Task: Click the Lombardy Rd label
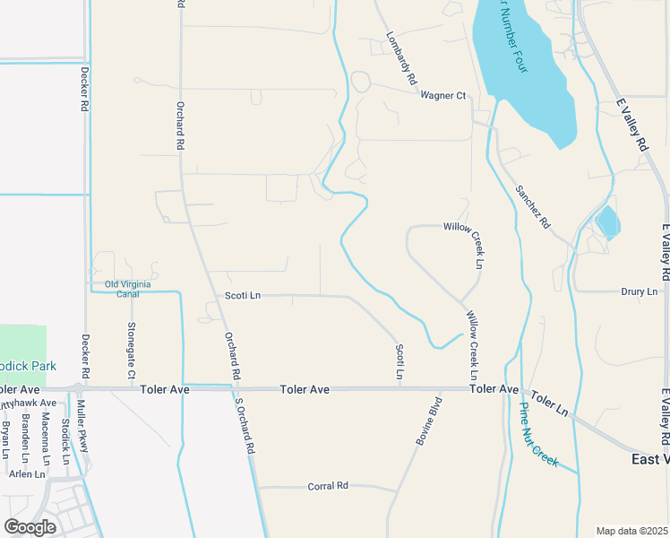coord(401,60)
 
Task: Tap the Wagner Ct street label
coord(443,95)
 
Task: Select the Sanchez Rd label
coord(532,206)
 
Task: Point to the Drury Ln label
coord(639,291)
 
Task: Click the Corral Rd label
coord(327,486)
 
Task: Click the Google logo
coord(30,527)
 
